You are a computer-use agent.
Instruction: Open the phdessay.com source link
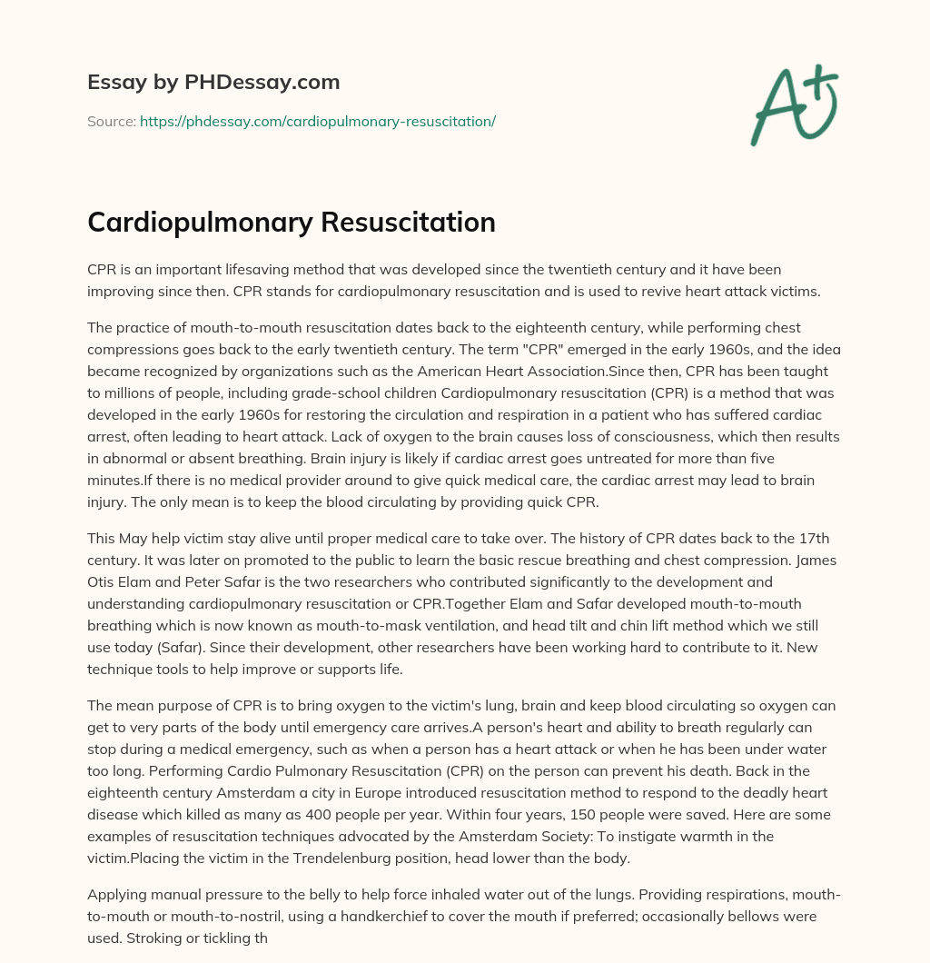click(317, 121)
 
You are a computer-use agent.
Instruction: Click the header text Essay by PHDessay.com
click(213, 82)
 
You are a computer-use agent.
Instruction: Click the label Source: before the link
click(112, 121)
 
